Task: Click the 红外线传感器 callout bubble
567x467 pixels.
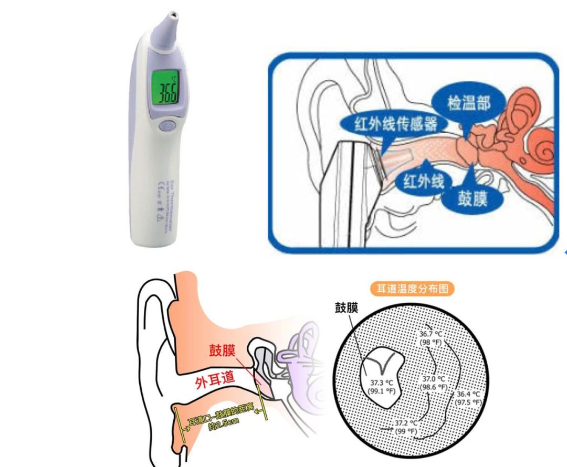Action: click(x=388, y=124)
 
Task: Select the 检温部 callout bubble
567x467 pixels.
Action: click(x=468, y=103)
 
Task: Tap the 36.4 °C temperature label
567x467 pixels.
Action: click(x=468, y=398)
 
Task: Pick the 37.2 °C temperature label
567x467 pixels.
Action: click(x=407, y=426)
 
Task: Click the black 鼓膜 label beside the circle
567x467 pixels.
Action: click(x=346, y=309)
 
